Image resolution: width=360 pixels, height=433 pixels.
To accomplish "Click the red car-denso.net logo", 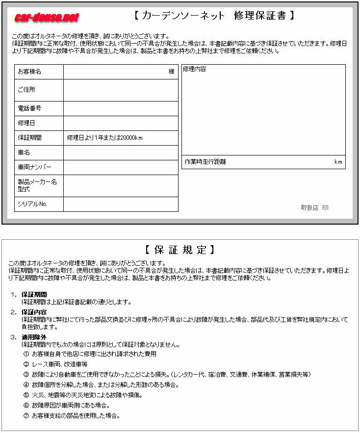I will click(x=47, y=18).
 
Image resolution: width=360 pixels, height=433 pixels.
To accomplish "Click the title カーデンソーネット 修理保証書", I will click(x=214, y=16).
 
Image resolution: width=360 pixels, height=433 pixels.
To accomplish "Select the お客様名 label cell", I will click(x=29, y=72).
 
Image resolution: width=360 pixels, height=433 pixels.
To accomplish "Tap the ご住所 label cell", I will click(x=26, y=90).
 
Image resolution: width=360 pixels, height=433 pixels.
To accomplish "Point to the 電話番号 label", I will click(x=29, y=108).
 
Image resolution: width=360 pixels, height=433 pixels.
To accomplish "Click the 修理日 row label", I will click(x=26, y=123).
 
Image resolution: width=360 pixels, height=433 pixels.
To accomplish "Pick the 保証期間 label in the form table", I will click(x=29, y=138).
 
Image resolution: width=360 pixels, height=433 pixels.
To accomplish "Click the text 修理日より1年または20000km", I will click(x=104, y=138).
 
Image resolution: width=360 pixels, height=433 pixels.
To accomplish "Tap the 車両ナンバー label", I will click(x=34, y=167).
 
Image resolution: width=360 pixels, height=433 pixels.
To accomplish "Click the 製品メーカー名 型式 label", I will click(x=37, y=185).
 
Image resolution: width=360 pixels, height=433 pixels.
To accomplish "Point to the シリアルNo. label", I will click(x=32, y=204).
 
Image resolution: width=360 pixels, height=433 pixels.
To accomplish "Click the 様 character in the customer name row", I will click(x=172, y=72).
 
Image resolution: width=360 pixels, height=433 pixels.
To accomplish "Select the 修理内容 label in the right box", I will click(x=195, y=69).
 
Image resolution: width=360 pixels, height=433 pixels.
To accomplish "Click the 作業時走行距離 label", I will click(x=206, y=161).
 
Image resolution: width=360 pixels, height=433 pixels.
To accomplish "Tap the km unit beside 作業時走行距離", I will click(x=338, y=162).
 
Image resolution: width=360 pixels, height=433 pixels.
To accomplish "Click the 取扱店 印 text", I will click(x=315, y=208).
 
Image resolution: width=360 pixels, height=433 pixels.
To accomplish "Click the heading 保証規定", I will click(x=180, y=250).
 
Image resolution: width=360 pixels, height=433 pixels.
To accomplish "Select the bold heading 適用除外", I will click(x=34, y=337).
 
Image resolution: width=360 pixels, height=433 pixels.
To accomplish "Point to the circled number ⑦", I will click(x=26, y=416).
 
